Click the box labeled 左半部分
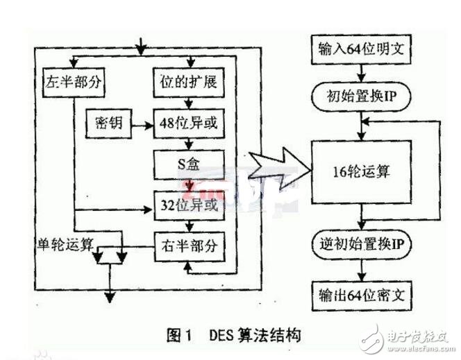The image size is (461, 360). [x=73, y=83]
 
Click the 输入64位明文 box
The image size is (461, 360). [x=359, y=51]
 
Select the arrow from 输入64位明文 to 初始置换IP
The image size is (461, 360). [x=360, y=73]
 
